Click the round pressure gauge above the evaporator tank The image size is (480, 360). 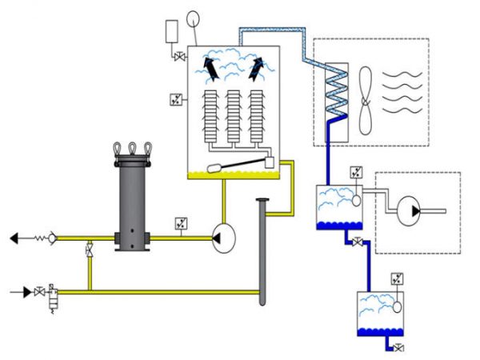click(x=194, y=18)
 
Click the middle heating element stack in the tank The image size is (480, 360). click(x=234, y=118)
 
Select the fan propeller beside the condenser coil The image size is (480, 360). click(x=366, y=100)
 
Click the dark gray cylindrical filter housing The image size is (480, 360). click(x=132, y=204)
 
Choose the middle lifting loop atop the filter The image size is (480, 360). click(x=132, y=148)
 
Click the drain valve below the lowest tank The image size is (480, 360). click(x=398, y=346)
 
